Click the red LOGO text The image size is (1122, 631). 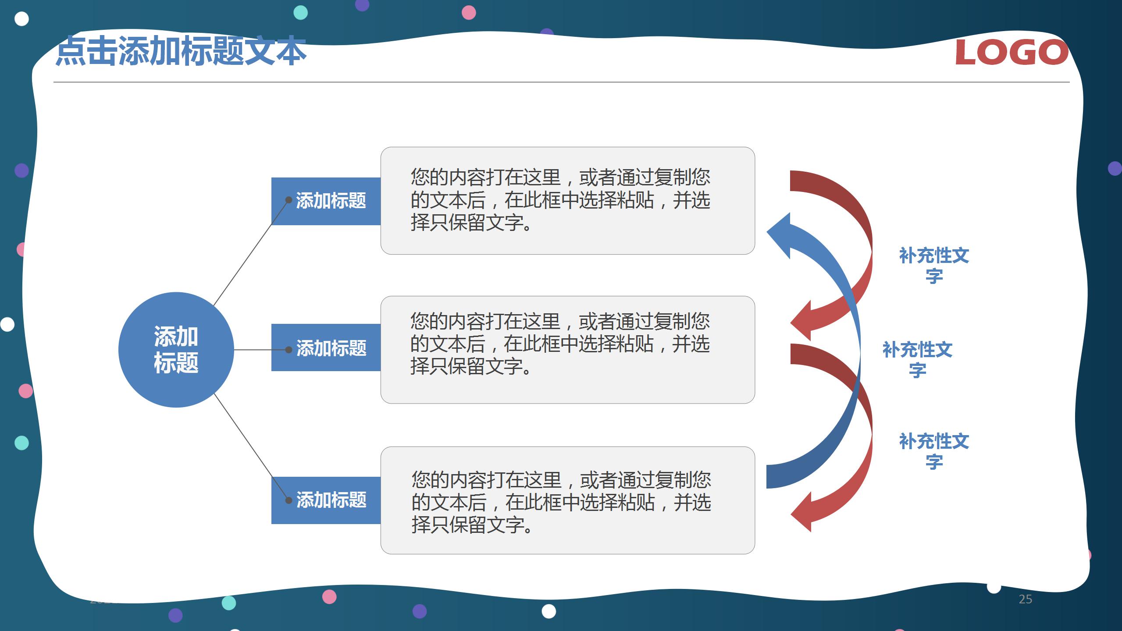[x=1012, y=53]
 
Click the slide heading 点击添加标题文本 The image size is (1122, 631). [x=181, y=52]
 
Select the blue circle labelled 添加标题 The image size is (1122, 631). [x=176, y=350]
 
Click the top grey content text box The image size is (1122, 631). [x=567, y=201]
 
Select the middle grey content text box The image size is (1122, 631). [x=567, y=350]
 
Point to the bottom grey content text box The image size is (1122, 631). [x=567, y=500]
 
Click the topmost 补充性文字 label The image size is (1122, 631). [x=934, y=266]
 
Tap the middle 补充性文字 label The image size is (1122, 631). [x=917, y=360]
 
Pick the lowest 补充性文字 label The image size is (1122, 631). [x=934, y=451]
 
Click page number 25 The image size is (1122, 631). [x=1025, y=599]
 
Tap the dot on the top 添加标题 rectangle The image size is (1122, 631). [x=289, y=200]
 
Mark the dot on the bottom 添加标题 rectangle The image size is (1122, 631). [x=289, y=500]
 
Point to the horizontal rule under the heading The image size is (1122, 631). [x=561, y=82]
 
